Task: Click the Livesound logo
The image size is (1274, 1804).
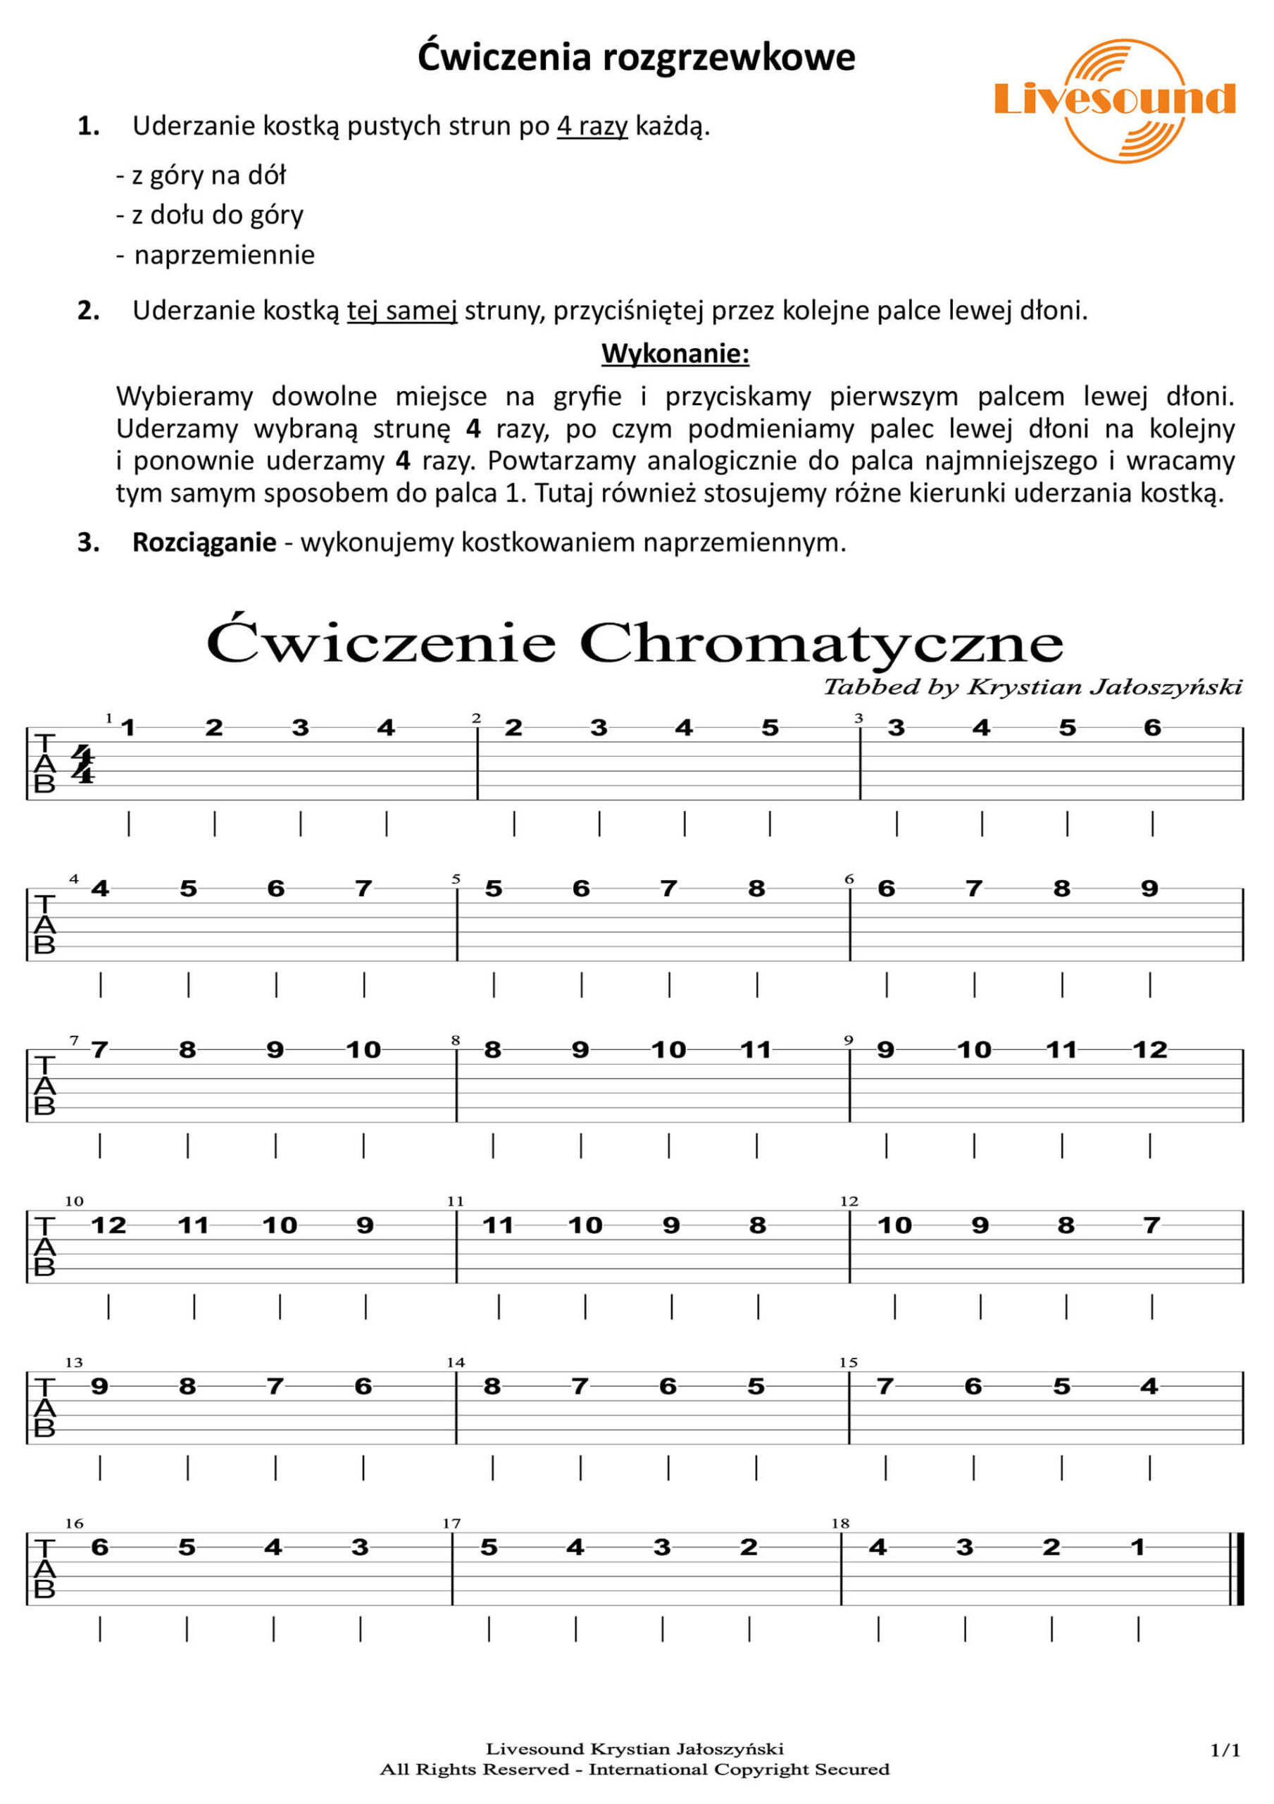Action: point(1116,100)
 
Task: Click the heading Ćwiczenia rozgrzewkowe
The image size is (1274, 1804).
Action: point(636,57)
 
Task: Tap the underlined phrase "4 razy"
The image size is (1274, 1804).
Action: point(592,125)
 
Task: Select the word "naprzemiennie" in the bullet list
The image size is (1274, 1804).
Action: point(225,254)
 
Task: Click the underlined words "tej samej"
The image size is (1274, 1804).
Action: point(402,310)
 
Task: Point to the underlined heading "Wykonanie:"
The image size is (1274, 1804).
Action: point(675,354)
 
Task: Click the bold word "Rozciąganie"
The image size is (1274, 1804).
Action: point(204,542)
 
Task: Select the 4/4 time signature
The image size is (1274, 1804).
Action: point(82,765)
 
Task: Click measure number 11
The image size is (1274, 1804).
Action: point(456,1201)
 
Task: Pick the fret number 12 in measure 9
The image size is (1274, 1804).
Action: point(1150,1050)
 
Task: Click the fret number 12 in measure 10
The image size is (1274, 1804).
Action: point(108,1225)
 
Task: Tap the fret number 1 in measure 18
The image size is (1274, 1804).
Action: point(1137,1547)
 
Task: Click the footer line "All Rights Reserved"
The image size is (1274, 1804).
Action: point(635,1769)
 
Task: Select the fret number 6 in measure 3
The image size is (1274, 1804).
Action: point(1152,727)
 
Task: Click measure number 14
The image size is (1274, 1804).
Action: point(456,1361)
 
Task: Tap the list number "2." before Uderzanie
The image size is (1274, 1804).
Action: point(89,310)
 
